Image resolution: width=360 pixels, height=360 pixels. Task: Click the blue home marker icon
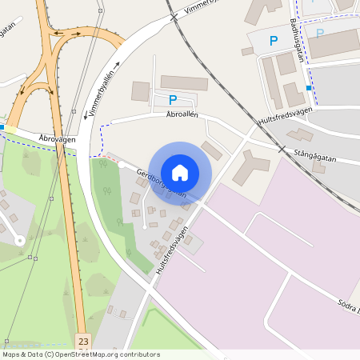180,171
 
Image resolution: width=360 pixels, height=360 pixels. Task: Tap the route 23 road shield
83,342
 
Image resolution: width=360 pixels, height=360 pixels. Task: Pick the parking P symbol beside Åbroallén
173,100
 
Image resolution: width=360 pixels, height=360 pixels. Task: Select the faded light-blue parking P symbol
320,34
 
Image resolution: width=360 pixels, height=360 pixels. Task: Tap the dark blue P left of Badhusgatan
274,40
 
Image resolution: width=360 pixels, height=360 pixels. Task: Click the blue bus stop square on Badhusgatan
309,88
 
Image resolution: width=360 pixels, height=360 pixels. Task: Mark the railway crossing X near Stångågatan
281,149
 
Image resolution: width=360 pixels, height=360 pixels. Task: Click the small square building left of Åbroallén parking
140,91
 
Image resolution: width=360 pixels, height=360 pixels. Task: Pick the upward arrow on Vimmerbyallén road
117,64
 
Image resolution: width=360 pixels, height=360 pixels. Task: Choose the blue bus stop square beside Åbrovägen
2,126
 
